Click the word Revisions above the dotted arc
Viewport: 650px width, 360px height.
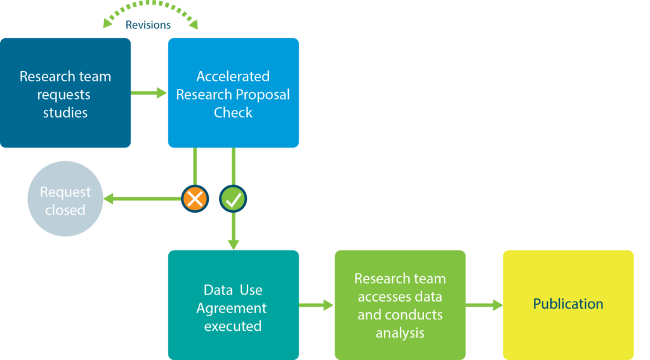[x=148, y=25]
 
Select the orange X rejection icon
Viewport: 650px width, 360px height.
[x=195, y=199]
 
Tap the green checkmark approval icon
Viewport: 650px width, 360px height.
[x=233, y=199]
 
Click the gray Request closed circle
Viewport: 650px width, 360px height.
[x=65, y=199]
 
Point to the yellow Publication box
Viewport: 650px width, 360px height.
[x=568, y=304]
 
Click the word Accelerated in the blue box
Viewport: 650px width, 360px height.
[x=233, y=76]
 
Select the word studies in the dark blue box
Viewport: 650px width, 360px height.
[x=65, y=113]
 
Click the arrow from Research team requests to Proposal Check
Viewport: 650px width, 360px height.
[x=149, y=93]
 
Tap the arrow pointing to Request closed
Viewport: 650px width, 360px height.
[x=140, y=199]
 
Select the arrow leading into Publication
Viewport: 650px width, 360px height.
[x=484, y=305]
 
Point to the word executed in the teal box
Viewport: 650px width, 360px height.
[x=232, y=326]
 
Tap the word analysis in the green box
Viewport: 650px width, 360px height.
[x=400, y=332]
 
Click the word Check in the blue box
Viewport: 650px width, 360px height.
[x=233, y=113]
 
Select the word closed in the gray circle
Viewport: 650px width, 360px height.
[x=65, y=210]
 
